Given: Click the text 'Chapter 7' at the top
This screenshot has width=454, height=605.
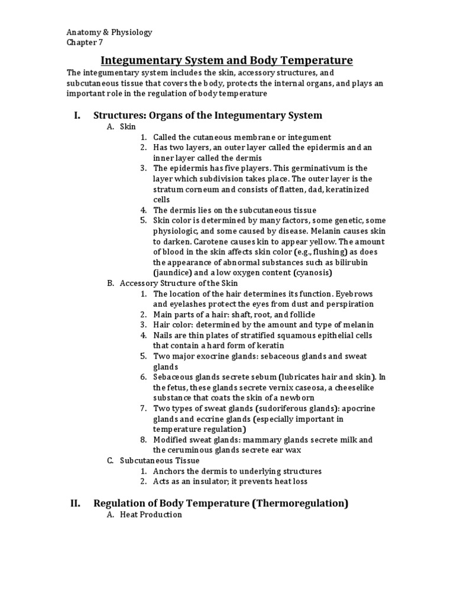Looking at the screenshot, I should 85,42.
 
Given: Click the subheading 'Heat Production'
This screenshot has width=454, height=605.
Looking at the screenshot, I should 151,515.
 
